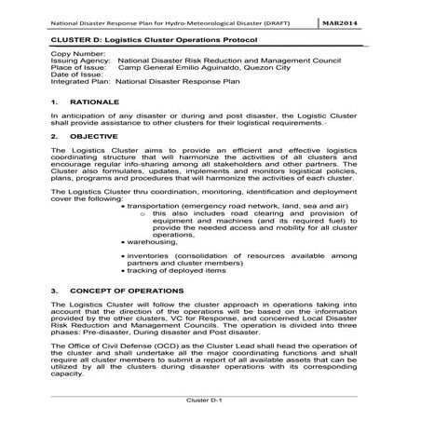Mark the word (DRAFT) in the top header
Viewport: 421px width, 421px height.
tap(290, 18)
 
